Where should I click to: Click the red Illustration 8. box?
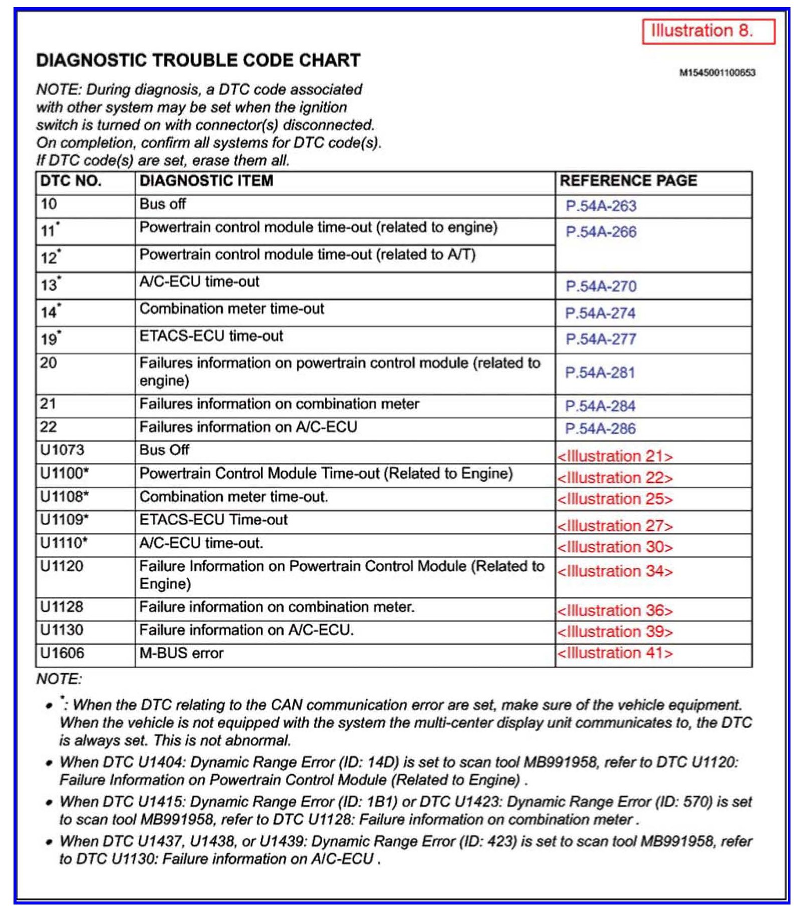point(708,31)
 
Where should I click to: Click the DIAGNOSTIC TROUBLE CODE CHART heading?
point(198,60)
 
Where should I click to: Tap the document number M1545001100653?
point(717,73)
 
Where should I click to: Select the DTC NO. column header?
point(71,181)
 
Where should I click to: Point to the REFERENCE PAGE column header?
point(628,181)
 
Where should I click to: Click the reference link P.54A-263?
point(601,206)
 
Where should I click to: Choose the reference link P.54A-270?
point(601,286)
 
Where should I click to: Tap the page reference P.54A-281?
point(600,373)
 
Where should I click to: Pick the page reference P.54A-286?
point(600,429)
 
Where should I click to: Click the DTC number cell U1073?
point(62,450)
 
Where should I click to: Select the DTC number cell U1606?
point(62,653)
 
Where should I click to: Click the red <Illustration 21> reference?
point(615,456)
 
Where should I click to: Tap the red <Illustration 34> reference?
point(615,571)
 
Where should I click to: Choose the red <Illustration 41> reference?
point(615,653)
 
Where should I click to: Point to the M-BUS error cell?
point(181,653)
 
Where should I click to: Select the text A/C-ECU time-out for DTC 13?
point(199,281)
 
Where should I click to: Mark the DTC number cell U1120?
point(62,566)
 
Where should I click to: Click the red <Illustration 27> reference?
point(615,526)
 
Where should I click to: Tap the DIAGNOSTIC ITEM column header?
point(206,181)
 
